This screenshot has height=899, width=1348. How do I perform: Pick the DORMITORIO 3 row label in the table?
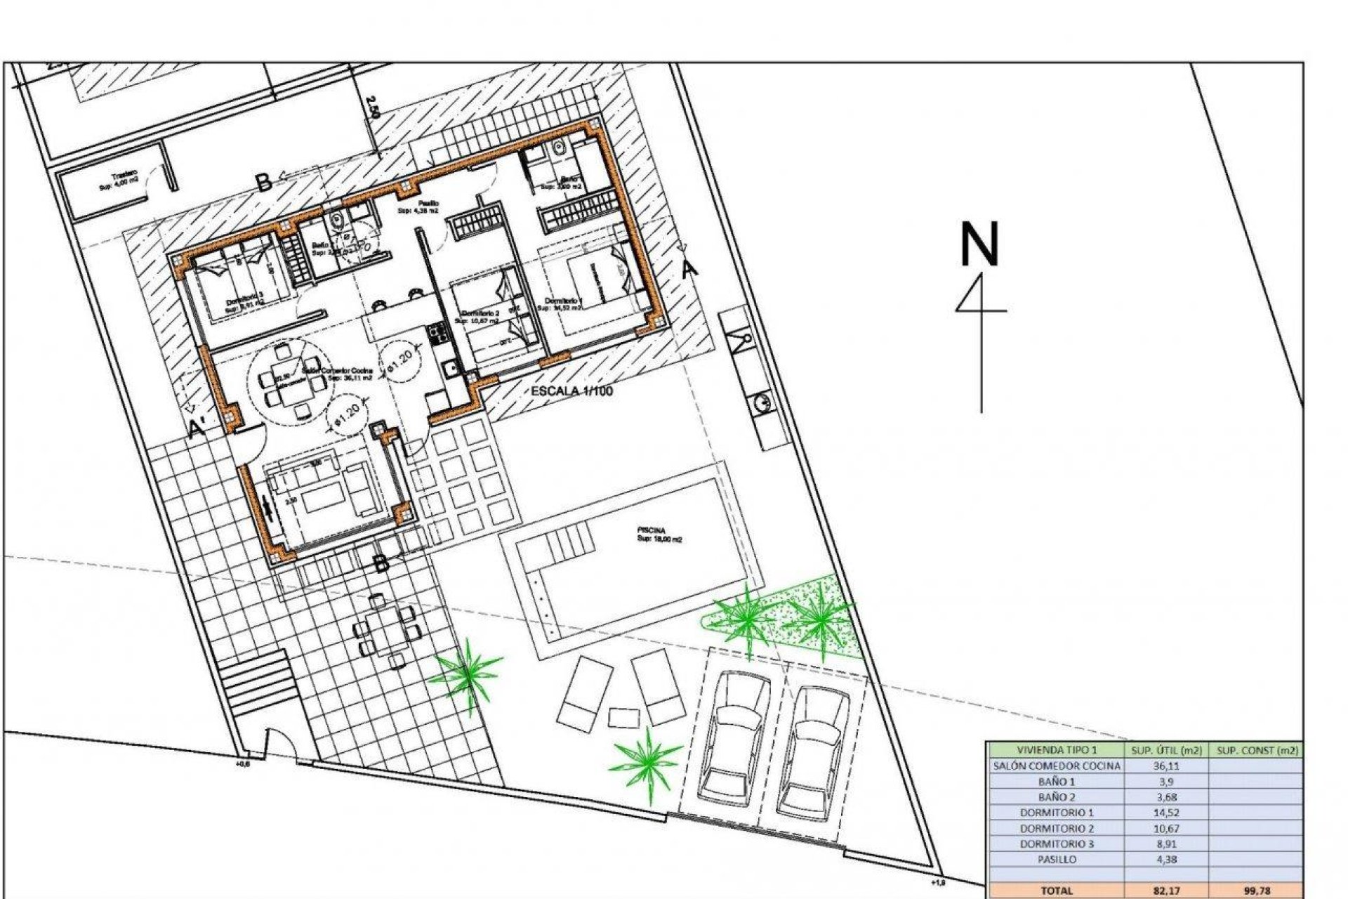(x=1057, y=844)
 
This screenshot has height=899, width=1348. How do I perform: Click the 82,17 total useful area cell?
(x=1165, y=890)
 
